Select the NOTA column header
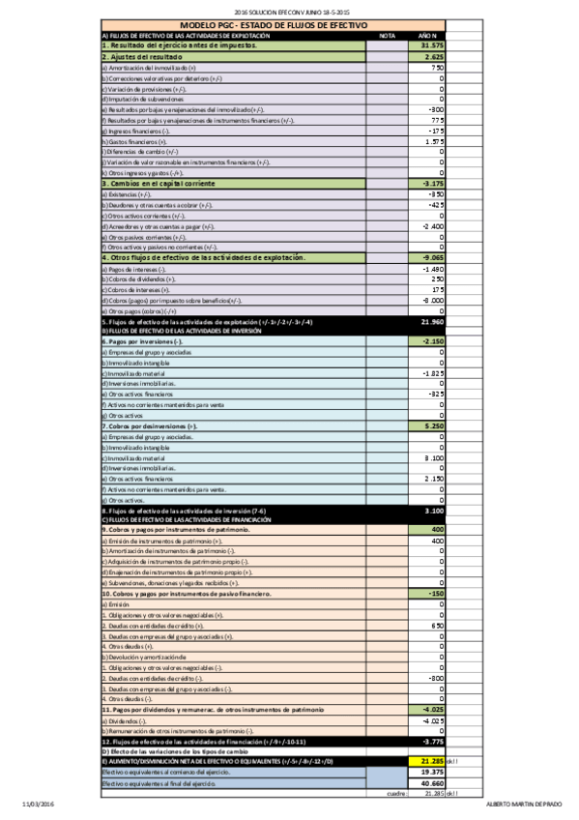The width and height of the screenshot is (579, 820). point(388,35)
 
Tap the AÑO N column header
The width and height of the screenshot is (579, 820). point(428,35)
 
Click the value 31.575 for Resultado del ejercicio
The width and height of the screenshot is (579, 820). point(431,45)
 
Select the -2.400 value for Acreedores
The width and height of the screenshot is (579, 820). point(431,226)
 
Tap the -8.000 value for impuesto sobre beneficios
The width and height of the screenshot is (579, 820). point(431,301)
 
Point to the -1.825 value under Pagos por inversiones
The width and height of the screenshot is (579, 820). point(432,373)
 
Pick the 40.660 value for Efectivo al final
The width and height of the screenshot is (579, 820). point(431,783)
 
